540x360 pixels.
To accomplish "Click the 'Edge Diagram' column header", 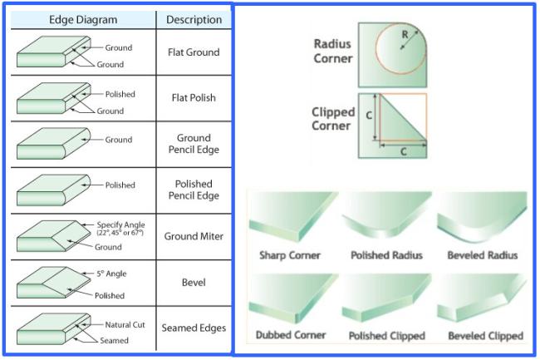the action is [83, 20].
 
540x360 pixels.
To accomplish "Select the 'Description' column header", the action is [194, 20].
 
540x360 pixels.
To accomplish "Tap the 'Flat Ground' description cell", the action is [194, 52].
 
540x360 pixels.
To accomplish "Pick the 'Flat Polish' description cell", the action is [194, 98].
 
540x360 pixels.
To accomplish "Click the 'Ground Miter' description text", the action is [194, 236].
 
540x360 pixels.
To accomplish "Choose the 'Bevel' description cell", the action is [194, 283].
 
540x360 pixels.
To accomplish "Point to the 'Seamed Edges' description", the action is [194, 328].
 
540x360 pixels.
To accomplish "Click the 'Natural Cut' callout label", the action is [125, 324].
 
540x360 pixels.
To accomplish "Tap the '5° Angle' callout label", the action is [111, 274].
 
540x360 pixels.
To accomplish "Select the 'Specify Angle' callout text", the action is [120, 224].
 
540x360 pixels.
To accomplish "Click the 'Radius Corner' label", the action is [332, 51].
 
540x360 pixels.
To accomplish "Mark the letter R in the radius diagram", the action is [405, 34].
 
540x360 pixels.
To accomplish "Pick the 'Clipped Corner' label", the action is [332, 119].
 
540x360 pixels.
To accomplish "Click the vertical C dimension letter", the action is [369, 115].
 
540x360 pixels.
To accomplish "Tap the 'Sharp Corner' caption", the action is [290, 255].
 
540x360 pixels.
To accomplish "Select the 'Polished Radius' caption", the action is [386, 255].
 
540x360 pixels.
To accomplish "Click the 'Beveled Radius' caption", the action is [483, 255].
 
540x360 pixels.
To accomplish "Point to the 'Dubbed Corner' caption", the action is [291, 335].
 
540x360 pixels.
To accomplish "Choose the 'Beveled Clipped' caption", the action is [486, 336].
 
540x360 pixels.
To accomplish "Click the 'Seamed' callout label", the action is [114, 340].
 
